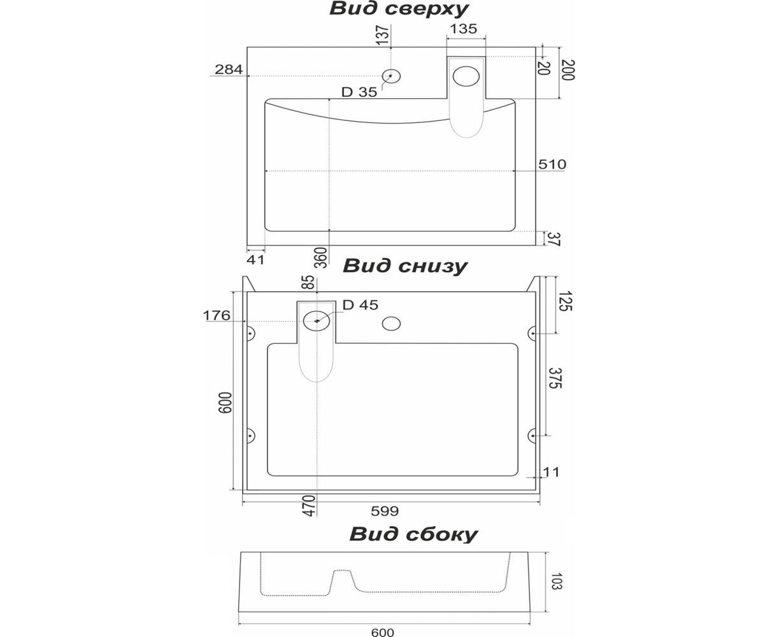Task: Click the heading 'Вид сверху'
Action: click(x=399, y=9)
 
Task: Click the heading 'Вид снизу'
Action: click(x=405, y=266)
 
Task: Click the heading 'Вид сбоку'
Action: click(x=413, y=534)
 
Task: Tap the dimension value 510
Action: click(x=552, y=164)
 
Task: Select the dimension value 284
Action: click(x=228, y=69)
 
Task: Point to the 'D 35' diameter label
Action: click(x=359, y=92)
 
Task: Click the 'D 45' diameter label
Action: click(x=361, y=305)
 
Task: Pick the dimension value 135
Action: click(x=464, y=29)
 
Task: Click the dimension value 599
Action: click(x=385, y=511)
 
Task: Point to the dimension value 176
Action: click(x=216, y=315)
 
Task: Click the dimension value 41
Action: click(x=255, y=260)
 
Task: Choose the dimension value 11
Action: click(x=552, y=472)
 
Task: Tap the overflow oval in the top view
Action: click(x=466, y=76)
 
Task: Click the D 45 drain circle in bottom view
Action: click(x=317, y=320)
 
